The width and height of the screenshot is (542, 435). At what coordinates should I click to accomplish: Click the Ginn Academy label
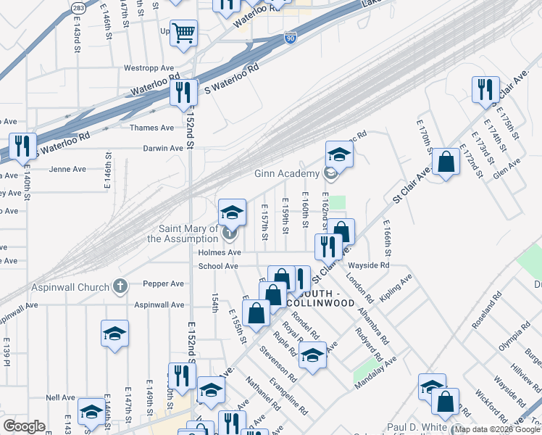pos(286,174)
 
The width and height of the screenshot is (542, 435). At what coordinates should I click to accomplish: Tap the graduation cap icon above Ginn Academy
pos(338,154)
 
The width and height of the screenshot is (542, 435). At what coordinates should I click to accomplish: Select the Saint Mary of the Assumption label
pos(183,233)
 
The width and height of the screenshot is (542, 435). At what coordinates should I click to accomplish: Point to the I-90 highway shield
pos(290,38)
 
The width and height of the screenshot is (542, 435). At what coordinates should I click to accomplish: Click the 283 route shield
pos(78,7)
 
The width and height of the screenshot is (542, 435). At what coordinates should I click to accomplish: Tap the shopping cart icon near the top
pos(184,33)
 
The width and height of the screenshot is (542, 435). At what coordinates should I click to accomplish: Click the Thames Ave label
pos(151,128)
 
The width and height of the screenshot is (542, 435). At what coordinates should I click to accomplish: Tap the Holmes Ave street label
pos(219,252)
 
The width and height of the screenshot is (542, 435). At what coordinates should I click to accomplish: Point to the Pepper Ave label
pos(163,284)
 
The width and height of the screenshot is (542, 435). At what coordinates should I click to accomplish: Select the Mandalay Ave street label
pos(376,373)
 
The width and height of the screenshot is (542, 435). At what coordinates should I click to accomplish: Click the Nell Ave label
pos(56,397)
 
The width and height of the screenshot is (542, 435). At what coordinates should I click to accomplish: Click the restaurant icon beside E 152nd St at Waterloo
pos(183,92)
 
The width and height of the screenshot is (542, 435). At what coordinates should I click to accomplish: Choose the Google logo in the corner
pos(23,426)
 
